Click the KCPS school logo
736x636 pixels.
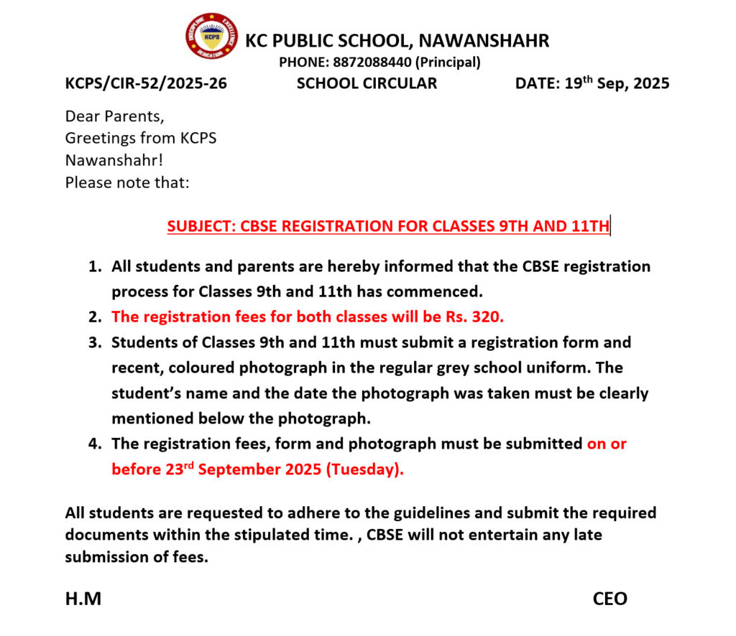tap(211, 35)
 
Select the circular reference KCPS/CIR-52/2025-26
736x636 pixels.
tap(146, 83)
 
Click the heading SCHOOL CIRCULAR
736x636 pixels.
tap(367, 83)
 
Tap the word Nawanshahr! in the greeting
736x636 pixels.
tap(114, 160)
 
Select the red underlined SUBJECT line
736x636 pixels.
tap(388, 227)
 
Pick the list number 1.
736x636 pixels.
tap(93, 267)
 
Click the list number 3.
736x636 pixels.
tap(93, 342)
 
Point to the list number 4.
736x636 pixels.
tap(93, 444)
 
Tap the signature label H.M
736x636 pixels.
tap(83, 599)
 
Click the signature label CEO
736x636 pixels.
tap(610, 599)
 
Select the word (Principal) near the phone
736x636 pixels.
tap(448, 62)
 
